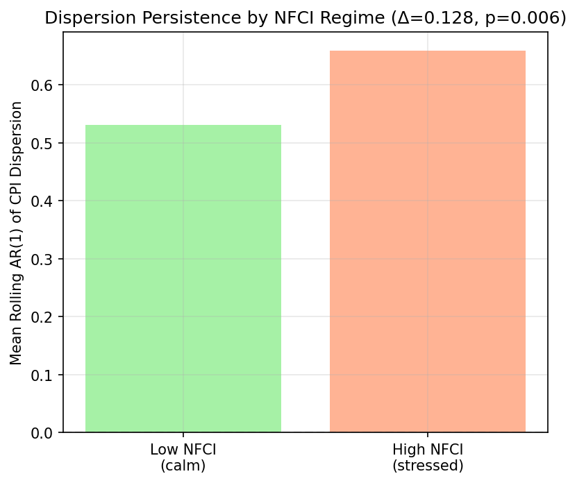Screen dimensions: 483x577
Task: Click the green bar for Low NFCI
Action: pos(183,278)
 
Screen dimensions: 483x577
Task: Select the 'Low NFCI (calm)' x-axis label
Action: pos(183,457)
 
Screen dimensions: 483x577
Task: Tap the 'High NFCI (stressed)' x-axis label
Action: pos(427,457)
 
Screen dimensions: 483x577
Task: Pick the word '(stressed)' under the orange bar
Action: pos(427,465)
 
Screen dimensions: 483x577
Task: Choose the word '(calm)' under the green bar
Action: pos(183,465)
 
